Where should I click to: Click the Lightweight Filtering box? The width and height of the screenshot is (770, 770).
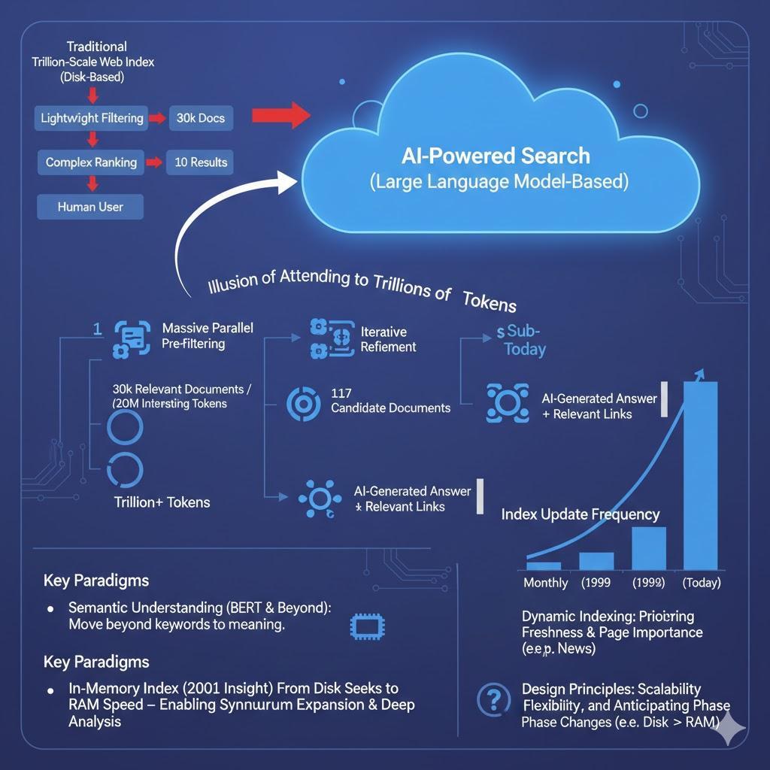click(90, 118)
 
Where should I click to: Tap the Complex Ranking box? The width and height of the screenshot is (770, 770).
click(90, 162)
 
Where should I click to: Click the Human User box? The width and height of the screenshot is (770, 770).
click(90, 206)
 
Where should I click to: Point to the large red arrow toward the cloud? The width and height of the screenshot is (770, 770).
click(280, 116)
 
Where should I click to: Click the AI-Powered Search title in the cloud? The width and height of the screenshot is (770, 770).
click(496, 156)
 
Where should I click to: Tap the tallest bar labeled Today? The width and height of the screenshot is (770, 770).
click(699, 475)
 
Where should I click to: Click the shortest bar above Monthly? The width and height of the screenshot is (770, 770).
click(543, 565)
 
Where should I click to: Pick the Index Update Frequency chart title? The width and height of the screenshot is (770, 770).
click(580, 514)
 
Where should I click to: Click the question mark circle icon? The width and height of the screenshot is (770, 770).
click(493, 700)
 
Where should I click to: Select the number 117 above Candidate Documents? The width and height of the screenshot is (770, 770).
click(341, 393)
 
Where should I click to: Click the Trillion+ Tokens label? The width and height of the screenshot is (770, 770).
click(162, 502)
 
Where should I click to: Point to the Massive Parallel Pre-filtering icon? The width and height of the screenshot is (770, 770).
click(132, 338)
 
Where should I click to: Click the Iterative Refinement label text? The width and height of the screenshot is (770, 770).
click(388, 339)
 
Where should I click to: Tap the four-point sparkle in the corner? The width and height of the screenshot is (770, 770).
click(731, 729)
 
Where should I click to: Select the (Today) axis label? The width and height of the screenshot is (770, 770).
click(701, 583)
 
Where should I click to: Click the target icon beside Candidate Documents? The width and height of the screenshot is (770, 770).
click(304, 404)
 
